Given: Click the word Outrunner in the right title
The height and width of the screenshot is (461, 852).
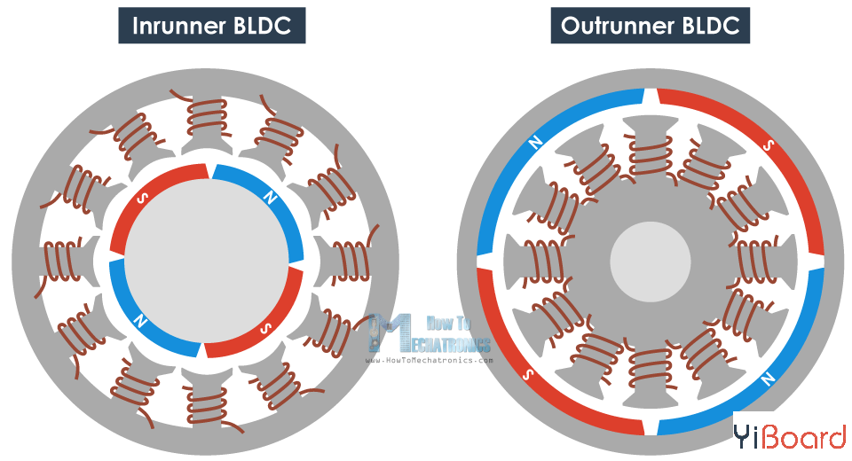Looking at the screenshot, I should coord(613,26).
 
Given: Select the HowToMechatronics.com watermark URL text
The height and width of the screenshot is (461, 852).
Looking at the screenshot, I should coord(429,361).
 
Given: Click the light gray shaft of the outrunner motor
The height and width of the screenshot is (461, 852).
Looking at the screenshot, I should coord(651,262).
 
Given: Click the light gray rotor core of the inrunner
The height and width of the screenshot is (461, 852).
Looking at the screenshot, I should coord(206,262).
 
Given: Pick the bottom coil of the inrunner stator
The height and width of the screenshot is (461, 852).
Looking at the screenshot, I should coord(207,405).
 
